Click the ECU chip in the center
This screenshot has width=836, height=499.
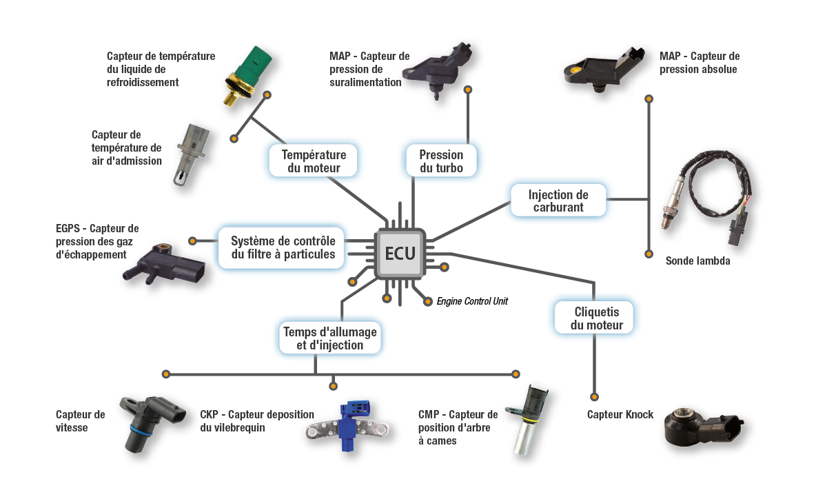tap(400, 253)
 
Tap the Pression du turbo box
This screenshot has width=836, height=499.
tap(440, 161)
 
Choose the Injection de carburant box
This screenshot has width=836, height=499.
tap(558, 201)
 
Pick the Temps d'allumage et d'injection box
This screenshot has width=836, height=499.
tap(329, 338)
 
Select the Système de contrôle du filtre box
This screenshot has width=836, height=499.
tap(283, 247)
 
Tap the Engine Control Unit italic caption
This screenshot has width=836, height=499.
tap(472, 301)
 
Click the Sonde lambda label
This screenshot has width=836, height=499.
tap(697, 261)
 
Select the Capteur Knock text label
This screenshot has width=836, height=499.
tap(620, 414)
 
